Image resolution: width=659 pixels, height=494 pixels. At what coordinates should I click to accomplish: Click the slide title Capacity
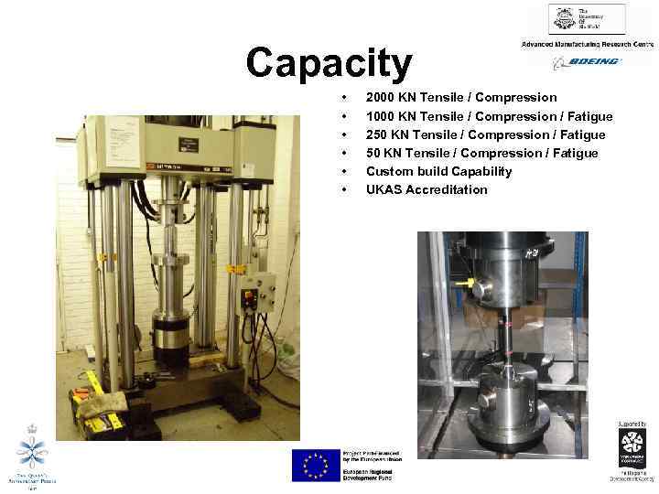pos(329,63)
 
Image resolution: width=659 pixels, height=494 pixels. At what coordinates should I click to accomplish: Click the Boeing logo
pos(587,62)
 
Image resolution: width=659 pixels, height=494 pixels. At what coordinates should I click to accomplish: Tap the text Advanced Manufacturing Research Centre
pos(587,44)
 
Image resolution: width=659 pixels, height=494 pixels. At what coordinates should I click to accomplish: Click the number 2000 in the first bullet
pos(382,97)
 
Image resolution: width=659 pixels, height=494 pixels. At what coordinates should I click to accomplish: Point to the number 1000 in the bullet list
pos(382,116)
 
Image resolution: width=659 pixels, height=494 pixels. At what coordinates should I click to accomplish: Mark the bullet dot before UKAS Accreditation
pos(343,190)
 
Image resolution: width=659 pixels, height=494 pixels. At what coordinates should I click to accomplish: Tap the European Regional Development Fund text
pos(368,471)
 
